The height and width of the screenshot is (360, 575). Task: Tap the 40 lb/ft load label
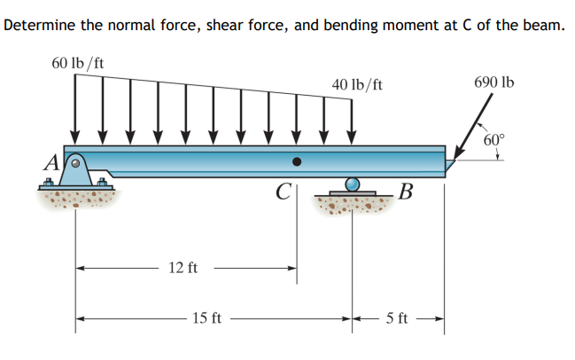click(357, 84)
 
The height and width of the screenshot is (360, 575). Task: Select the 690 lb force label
click(493, 82)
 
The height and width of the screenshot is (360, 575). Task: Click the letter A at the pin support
click(52, 163)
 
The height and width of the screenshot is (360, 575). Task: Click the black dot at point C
click(298, 162)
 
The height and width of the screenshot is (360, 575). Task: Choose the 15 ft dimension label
click(207, 317)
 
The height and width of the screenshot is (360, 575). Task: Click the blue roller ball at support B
click(354, 184)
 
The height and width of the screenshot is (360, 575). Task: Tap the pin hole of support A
click(76, 162)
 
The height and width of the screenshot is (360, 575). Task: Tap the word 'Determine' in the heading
click(38, 25)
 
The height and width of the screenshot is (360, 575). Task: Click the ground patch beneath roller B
click(354, 207)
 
